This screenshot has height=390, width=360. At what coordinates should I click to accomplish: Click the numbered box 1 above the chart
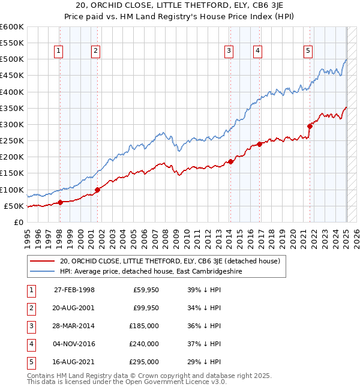[59, 51]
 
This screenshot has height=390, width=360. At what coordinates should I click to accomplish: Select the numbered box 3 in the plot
[229, 51]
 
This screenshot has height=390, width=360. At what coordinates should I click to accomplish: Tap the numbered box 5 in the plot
[308, 51]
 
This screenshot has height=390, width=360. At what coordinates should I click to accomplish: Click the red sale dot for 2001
[97, 190]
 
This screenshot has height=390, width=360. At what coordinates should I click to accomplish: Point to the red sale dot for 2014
[230, 162]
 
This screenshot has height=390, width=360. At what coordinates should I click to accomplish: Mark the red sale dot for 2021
[310, 126]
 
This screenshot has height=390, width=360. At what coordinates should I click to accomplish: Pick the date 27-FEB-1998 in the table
[74, 290]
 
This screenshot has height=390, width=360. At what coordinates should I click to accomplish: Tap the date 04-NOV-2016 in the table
[74, 344]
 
